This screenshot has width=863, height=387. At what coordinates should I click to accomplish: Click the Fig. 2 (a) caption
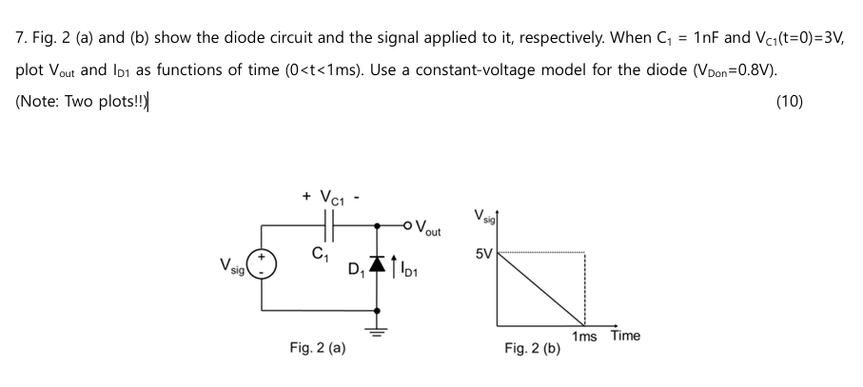click(x=317, y=349)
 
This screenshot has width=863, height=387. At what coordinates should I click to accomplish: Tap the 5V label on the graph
click(x=485, y=255)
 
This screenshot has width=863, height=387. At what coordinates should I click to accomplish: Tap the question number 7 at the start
click(x=20, y=39)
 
